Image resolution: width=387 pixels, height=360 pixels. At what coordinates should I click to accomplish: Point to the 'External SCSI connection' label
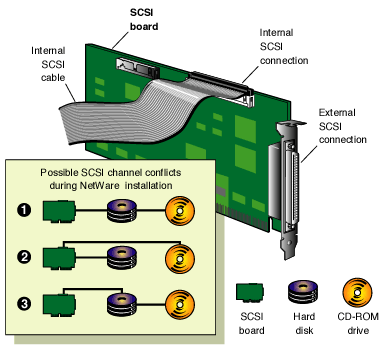[340, 125]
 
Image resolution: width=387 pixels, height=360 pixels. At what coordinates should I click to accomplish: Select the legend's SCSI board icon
[251, 293]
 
